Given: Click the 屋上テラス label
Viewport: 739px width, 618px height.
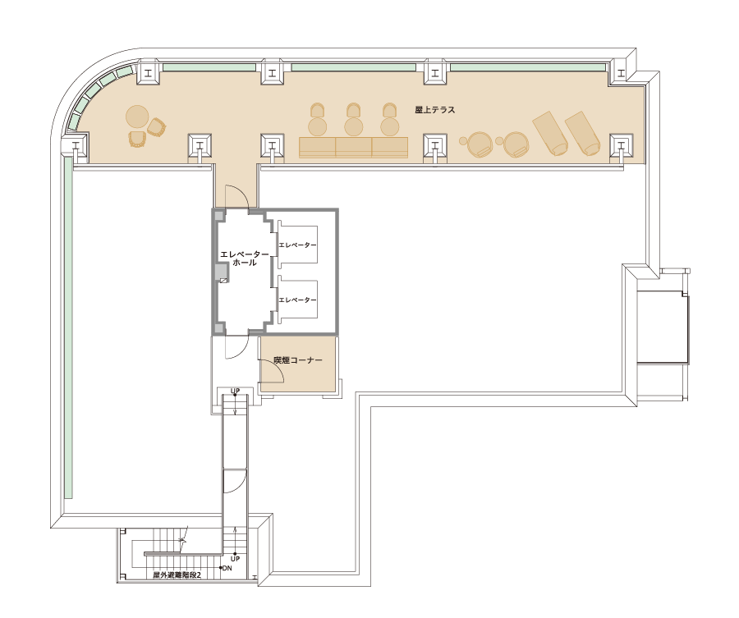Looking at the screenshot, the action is pyautogui.click(x=434, y=110).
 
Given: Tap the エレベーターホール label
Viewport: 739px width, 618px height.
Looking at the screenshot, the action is pyautogui.click(x=244, y=259).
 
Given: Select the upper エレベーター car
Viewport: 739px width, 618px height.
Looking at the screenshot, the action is pyautogui.click(x=297, y=245).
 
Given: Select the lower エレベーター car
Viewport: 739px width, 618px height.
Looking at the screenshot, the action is pyautogui.click(x=297, y=300).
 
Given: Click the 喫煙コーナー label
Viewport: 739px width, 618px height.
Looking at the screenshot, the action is pyautogui.click(x=298, y=359).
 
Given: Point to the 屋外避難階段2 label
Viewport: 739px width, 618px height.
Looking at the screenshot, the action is pyautogui.click(x=177, y=575).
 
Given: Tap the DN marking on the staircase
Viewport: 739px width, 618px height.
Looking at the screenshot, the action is pyautogui.click(x=227, y=568).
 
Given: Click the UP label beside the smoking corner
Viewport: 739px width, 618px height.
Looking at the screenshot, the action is pyautogui.click(x=235, y=391).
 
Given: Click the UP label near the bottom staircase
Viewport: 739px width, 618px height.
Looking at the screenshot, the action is pyautogui.click(x=235, y=559).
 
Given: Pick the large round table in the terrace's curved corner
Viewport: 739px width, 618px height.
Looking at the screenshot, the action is pyautogui.click(x=137, y=117).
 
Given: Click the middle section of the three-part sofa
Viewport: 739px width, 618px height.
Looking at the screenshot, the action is pyautogui.click(x=353, y=148).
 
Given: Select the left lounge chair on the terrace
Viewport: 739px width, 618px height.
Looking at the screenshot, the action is pyautogui.click(x=550, y=133).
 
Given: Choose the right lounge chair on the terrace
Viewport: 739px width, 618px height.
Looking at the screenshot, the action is pyautogui.click(x=582, y=133).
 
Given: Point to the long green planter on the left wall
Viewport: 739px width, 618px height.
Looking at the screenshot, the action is pyautogui.click(x=68, y=327).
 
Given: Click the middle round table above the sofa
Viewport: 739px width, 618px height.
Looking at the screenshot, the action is pyautogui.click(x=353, y=126).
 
